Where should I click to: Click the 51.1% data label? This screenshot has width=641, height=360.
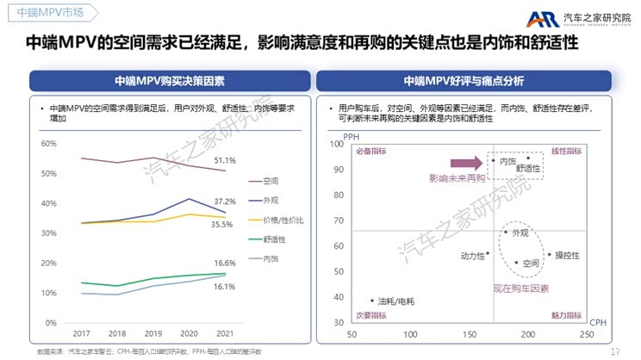pos(225,161)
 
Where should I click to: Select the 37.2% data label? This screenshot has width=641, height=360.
pos(225,201)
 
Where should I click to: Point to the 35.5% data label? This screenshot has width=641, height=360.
pos(222,224)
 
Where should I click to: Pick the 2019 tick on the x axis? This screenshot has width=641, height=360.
pos(153,333)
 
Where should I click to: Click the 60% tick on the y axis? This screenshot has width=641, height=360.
pos(49,143)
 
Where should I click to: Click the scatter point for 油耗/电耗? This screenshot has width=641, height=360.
pos(372,301)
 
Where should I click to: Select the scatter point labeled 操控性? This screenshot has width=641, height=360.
pos(550,254)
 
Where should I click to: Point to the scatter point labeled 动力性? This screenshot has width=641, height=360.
pos(488,253)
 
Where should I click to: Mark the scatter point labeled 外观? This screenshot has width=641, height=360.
pos(506,232)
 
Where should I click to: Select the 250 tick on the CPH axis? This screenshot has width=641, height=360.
pos(587,333)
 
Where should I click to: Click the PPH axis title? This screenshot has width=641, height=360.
pos(352,136)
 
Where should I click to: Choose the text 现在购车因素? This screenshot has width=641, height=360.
pos(520,289)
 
